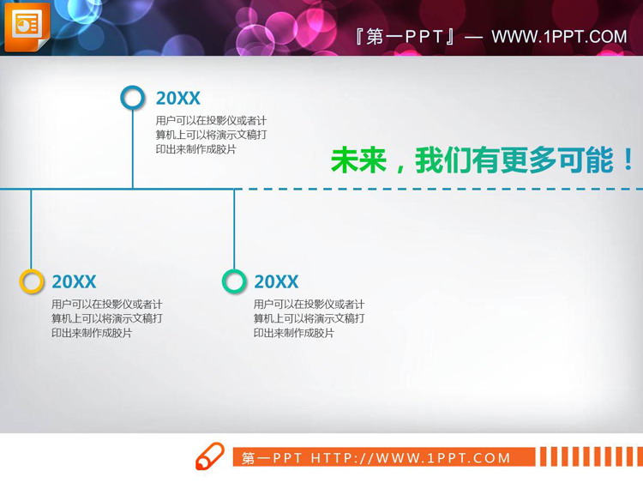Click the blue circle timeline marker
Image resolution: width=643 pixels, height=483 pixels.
coord(133,98)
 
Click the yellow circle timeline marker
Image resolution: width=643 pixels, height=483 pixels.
coord(32,281)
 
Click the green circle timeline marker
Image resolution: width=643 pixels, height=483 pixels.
coord(234,281)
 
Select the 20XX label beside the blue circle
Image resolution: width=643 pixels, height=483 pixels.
coord(177,99)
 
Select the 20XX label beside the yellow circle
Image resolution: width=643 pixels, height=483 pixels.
coord(74,282)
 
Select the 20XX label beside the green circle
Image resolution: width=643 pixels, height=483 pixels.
coord(276,282)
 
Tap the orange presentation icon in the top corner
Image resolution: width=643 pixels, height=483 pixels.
coord(27,27)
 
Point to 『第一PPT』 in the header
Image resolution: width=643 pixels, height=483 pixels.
coord(404,37)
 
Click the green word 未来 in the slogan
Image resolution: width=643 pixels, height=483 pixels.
coord(358,160)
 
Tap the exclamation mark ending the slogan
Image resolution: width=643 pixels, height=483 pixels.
coord(628,160)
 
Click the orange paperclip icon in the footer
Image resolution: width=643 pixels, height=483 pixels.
coord(209,456)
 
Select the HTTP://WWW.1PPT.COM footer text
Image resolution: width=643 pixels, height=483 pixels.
coord(411,458)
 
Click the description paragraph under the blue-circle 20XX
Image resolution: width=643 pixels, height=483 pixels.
coord(211,135)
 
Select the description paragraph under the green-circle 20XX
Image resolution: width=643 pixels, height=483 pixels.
coord(309,318)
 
